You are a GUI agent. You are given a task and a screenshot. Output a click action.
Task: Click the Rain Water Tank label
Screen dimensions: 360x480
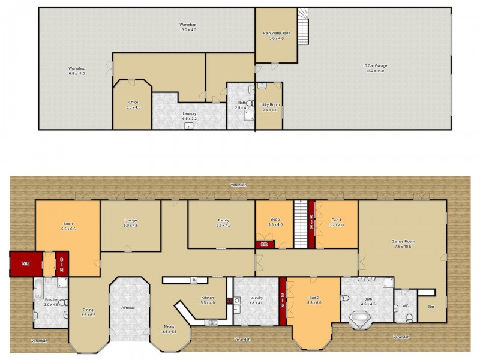pyautogui.click(x=276, y=33)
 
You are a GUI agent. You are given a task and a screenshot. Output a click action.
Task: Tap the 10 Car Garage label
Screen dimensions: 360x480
pyautogui.click(x=373, y=65)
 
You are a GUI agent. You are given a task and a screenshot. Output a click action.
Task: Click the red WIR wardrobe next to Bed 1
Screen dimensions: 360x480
pyautogui.click(x=26, y=263)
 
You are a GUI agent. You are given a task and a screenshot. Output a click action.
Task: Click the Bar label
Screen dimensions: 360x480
pyautogui.click(x=431, y=307)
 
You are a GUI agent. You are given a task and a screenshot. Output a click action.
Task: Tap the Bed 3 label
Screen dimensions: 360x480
pyautogui.click(x=274, y=220)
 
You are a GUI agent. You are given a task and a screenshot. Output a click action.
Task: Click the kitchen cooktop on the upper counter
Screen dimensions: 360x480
pyautogui.click(x=194, y=280)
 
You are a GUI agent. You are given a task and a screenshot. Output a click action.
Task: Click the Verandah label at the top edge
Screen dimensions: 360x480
pyautogui.click(x=239, y=185)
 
